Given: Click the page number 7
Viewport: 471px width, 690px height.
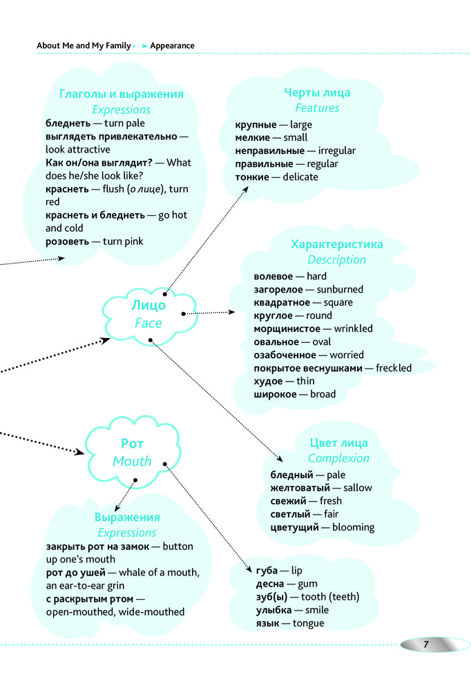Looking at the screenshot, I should click(x=426, y=644).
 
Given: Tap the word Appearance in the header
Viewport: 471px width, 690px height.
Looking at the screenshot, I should click(x=172, y=46).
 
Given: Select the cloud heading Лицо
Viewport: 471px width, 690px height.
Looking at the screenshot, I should click(x=148, y=306).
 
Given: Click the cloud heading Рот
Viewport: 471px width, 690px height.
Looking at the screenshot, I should click(x=132, y=444).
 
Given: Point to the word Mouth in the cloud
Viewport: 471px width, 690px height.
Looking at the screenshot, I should click(x=132, y=461).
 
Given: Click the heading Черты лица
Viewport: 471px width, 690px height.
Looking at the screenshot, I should click(x=317, y=92).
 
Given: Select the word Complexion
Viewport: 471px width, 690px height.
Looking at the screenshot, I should click(x=338, y=458).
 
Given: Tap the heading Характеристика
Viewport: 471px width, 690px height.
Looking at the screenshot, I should click(x=337, y=244).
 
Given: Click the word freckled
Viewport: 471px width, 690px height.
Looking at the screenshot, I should click(x=393, y=368).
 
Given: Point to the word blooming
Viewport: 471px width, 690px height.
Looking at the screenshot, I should click(x=353, y=527).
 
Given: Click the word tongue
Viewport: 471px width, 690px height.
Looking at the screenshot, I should click(x=308, y=623).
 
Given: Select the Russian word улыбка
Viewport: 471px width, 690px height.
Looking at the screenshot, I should click(x=271, y=610).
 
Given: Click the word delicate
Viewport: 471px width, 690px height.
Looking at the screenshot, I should click(x=300, y=177).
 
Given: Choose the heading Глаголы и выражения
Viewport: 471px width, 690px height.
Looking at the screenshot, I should click(x=122, y=94).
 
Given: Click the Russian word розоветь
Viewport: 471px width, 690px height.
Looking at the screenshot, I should click(x=67, y=241).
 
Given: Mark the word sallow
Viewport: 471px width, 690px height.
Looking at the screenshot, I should click(x=357, y=488).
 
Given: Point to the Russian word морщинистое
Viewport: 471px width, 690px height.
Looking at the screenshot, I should click(x=287, y=329).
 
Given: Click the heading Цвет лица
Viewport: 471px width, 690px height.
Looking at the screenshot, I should click(x=338, y=443).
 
